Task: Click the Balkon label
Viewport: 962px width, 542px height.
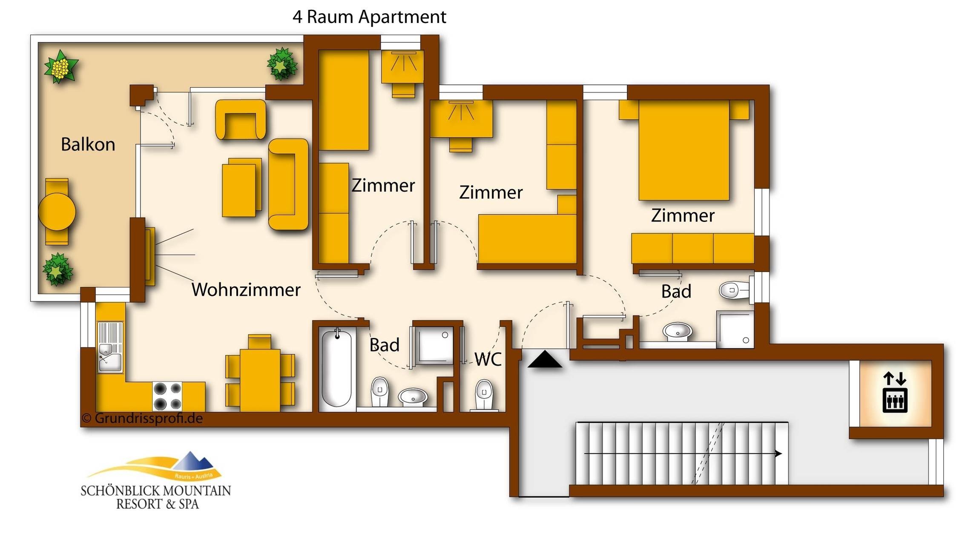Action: click(88, 145)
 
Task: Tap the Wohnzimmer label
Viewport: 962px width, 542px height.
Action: click(246, 290)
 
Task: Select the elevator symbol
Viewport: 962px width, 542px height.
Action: click(895, 393)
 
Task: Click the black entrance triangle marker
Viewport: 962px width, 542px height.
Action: click(545, 360)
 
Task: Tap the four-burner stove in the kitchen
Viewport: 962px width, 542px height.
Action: click(167, 396)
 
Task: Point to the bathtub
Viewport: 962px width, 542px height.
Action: click(336, 369)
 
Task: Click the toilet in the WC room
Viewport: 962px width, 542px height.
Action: click(484, 394)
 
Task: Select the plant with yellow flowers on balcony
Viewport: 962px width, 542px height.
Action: click(60, 67)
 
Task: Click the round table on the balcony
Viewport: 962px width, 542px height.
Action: click(57, 212)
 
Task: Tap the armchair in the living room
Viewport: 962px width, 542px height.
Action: click(241, 120)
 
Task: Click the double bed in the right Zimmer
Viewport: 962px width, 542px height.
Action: click(683, 150)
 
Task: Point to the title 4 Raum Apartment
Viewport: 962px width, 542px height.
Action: click(369, 17)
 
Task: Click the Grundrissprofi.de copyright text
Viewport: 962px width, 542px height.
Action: click(143, 418)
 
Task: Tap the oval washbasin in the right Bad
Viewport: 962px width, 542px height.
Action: click(677, 330)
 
